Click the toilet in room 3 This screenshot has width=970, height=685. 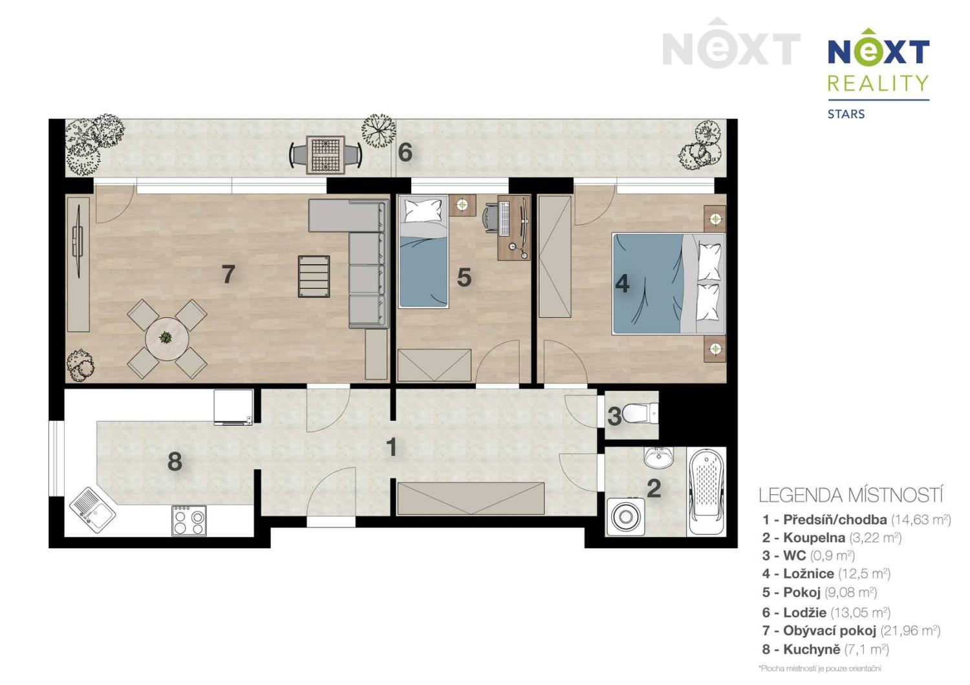(x=643, y=412)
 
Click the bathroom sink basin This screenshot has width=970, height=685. (x=658, y=458)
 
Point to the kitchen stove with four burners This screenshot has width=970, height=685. (x=189, y=520)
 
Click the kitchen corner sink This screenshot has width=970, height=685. (x=92, y=509)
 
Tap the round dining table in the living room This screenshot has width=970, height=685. (x=167, y=338)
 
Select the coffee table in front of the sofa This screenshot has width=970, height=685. (x=314, y=277)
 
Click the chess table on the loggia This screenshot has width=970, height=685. (x=325, y=154)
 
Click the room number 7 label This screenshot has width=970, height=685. (x=228, y=275)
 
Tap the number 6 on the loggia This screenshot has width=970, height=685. (x=405, y=153)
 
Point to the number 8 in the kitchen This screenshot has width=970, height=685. (x=175, y=461)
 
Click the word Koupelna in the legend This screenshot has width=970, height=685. (x=814, y=538)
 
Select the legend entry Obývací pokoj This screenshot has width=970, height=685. (x=829, y=631)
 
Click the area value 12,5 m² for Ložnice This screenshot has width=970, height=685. (x=864, y=574)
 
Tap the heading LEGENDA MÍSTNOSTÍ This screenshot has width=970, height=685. (x=850, y=496)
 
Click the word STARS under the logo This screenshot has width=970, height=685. (x=846, y=114)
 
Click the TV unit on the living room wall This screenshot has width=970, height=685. (x=78, y=264)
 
